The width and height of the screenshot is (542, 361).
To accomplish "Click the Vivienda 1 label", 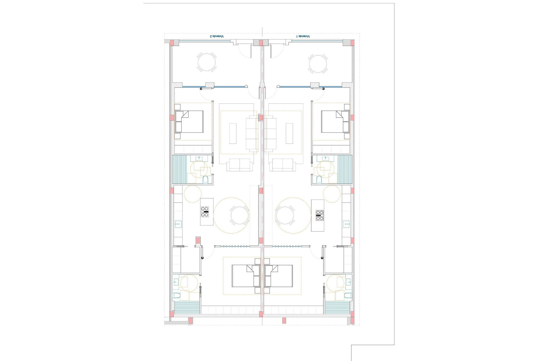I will [x=303, y=36].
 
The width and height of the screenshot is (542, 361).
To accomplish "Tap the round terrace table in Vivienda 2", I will [x=206, y=62].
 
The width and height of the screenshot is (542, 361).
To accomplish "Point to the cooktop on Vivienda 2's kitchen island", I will [x=205, y=212].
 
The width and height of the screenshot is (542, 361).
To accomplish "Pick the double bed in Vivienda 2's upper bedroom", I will [x=189, y=122].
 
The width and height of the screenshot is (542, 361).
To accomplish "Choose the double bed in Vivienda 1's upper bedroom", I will [x=335, y=122].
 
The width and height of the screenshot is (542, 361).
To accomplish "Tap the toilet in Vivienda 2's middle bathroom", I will [x=206, y=179].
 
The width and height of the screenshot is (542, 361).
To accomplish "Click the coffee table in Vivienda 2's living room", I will [x=233, y=133].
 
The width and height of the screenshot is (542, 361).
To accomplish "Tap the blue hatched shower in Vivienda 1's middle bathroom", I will [x=345, y=169].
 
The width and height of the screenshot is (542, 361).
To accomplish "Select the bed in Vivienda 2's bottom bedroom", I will [x=245, y=276].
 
